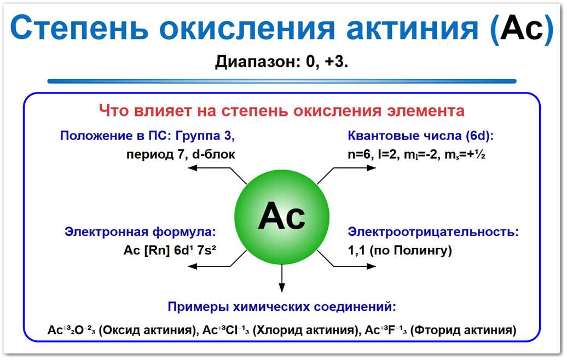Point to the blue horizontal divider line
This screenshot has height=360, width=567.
pyautogui.click(x=281, y=82)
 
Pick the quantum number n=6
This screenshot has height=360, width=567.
pyautogui.click(x=358, y=154)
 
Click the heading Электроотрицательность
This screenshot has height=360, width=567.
pyautogui.click(x=433, y=232)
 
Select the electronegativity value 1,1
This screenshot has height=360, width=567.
pyautogui.click(x=356, y=251)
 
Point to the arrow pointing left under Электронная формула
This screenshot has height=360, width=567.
pyautogui.click(x=208, y=266)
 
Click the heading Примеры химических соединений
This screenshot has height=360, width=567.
pyautogui.click(x=282, y=306)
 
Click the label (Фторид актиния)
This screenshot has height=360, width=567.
pyautogui.click(x=463, y=330)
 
